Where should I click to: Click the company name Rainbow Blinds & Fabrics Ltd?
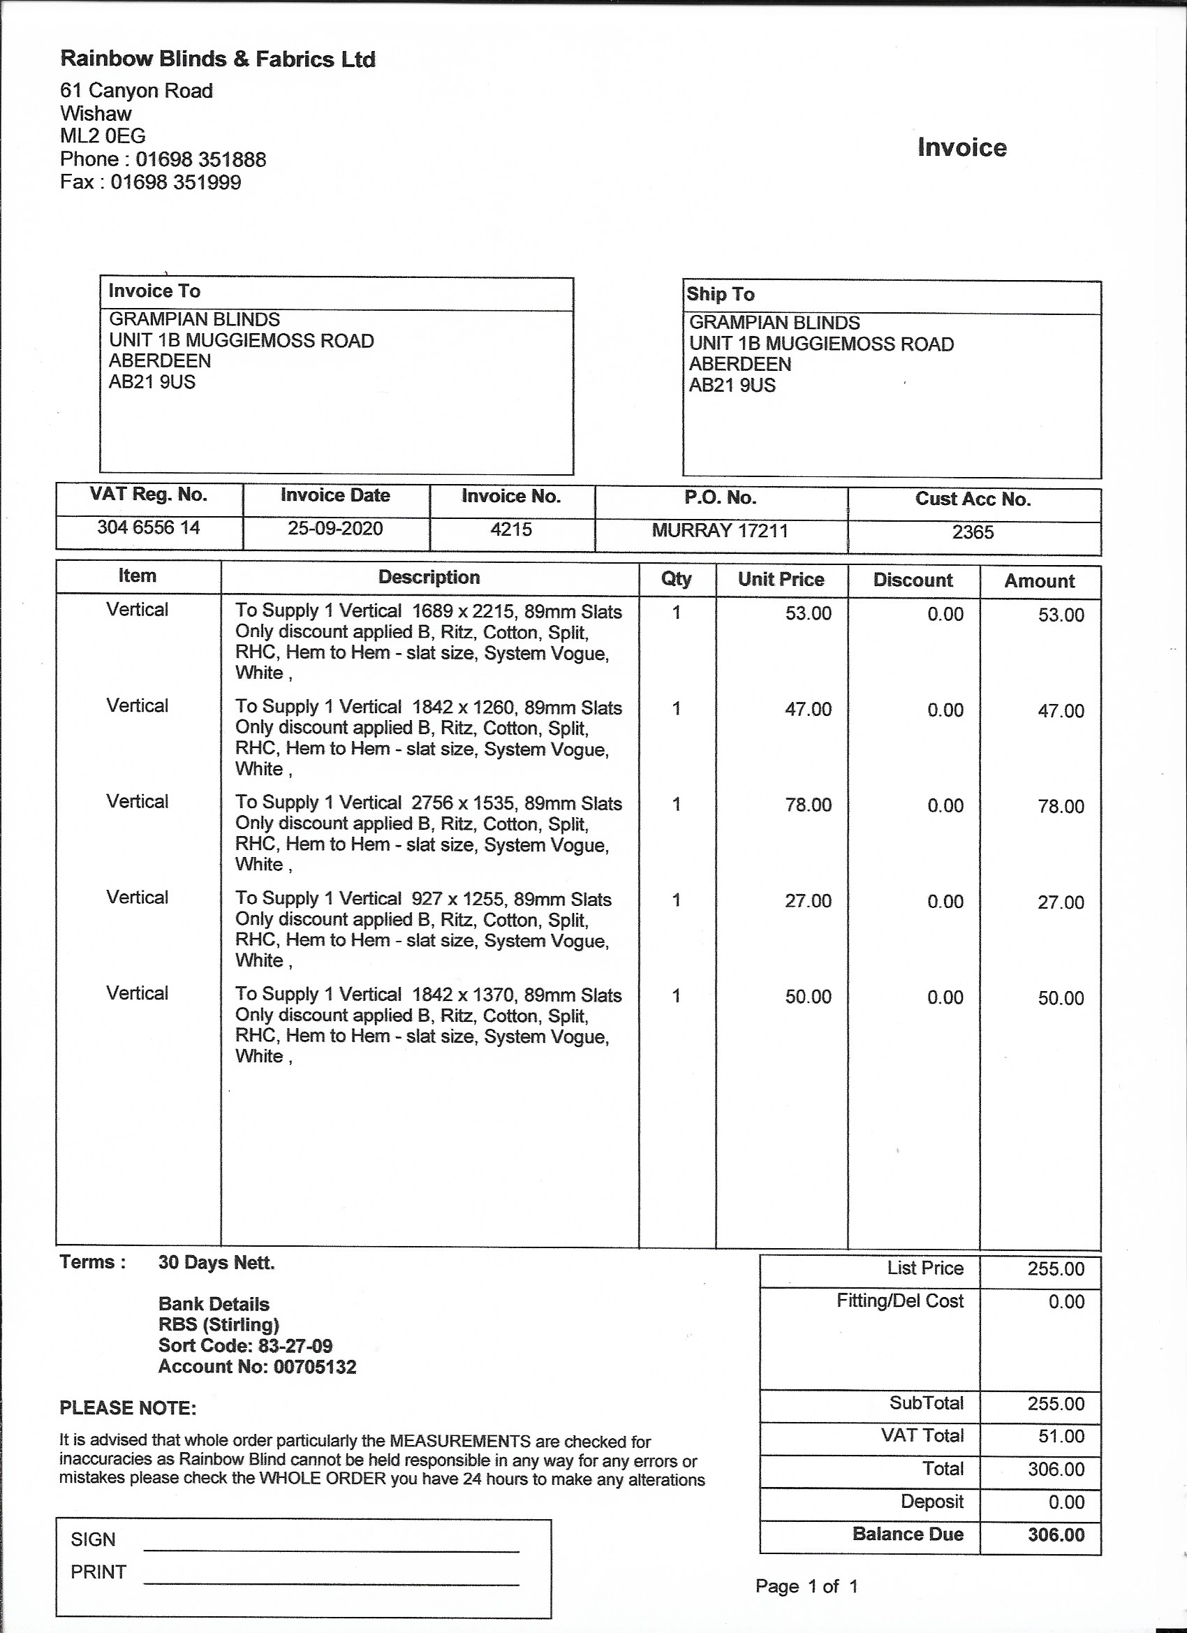[217, 59]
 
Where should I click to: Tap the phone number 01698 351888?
[201, 159]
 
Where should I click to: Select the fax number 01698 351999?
[176, 182]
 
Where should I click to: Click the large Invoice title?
[961, 147]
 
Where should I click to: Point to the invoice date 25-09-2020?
[335, 529]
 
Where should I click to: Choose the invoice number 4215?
[511, 529]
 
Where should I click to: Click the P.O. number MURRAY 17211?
[720, 531]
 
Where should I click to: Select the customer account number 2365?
[973, 532]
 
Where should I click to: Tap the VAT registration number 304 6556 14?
[149, 527]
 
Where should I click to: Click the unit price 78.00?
[808, 805]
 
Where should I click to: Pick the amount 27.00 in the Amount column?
[1061, 902]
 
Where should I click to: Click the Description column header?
[429, 578]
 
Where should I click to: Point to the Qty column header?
[676, 579]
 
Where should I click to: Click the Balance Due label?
[908, 1534]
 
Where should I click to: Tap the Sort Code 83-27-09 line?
[246, 1346]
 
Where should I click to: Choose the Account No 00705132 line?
[257, 1367]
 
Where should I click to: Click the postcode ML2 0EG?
[103, 136]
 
